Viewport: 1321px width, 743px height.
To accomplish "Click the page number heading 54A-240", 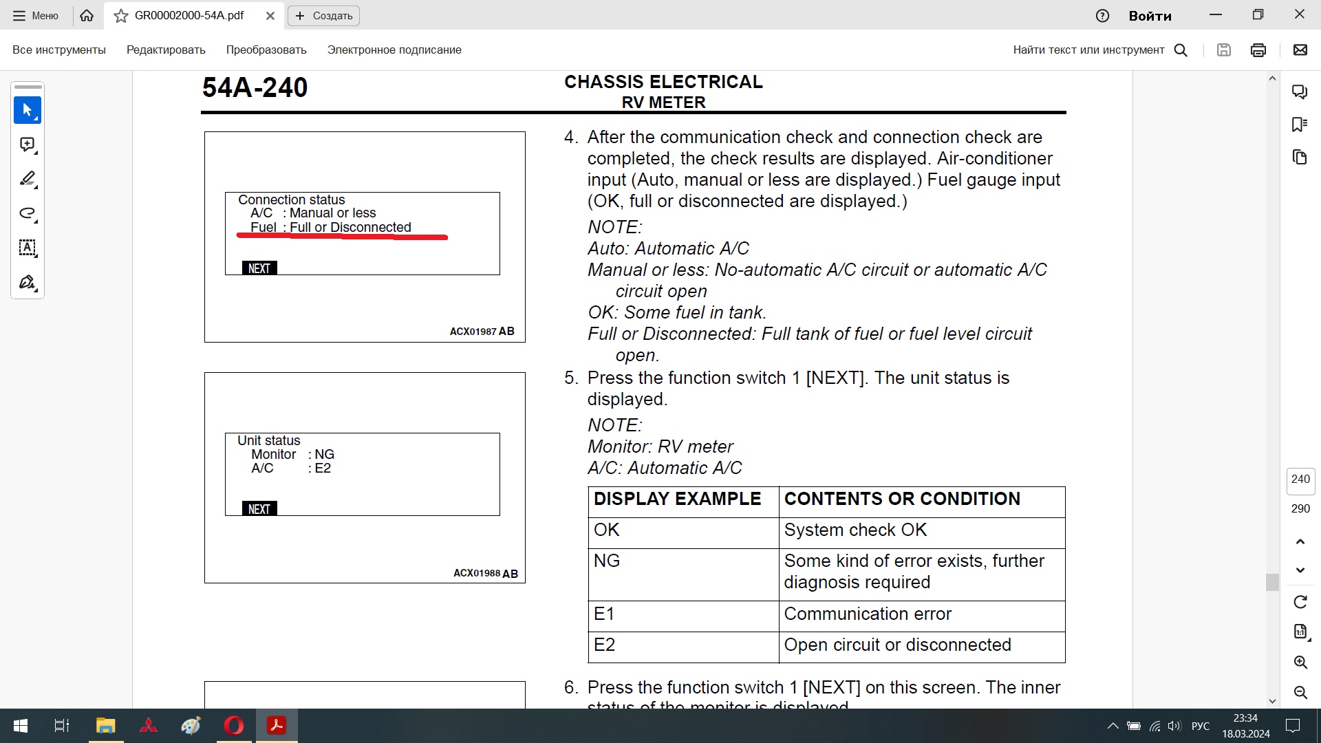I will [x=255, y=88].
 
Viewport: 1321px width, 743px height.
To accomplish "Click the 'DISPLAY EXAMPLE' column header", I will [x=677, y=499].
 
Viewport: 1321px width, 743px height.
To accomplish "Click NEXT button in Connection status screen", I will [x=259, y=268].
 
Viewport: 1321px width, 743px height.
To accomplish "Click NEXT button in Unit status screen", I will [x=259, y=509].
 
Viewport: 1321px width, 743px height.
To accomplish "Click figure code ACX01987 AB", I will [x=482, y=332].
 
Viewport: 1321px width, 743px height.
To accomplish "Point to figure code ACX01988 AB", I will [x=485, y=573].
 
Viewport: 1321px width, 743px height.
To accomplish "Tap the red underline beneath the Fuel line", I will [x=342, y=237].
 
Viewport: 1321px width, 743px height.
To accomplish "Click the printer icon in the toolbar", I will [x=1258, y=50].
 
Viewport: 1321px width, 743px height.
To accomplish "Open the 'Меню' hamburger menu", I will [x=36, y=16].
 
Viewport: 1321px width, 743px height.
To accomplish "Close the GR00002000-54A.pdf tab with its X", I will [x=270, y=16].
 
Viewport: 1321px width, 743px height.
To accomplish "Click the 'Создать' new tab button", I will [x=323, y=16].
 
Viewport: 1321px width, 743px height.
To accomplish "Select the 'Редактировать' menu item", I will [x=166, y=50].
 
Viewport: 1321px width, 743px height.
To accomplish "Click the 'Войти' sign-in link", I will [x=1150, y=16].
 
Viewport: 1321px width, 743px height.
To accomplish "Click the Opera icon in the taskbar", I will [x=234, y=726].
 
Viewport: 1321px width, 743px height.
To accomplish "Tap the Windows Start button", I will [x=21, y=726].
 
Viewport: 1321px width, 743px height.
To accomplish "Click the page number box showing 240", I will [x=1300, y=480].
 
